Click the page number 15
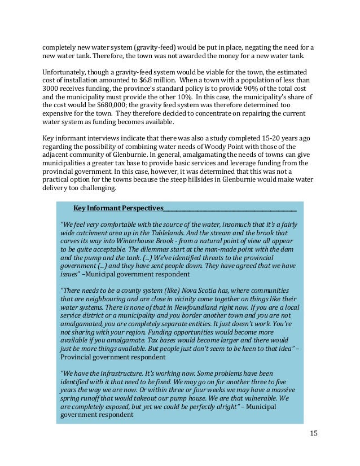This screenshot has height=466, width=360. pos(314,433)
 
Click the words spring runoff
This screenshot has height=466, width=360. pos(82,398)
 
